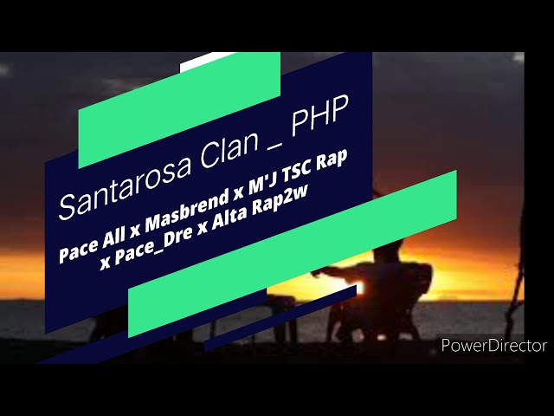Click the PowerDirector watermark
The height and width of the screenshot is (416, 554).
(x=493, y=345)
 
